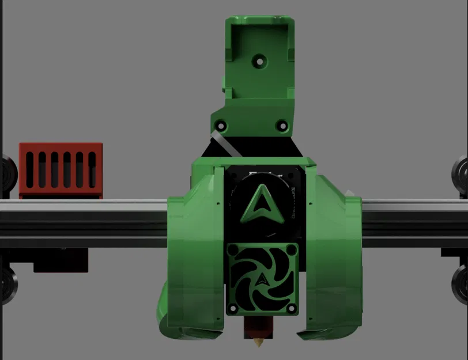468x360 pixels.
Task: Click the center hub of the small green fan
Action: point(263,279)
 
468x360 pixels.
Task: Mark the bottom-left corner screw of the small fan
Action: point(232,310)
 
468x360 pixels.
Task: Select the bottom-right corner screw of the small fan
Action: point(293,310)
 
